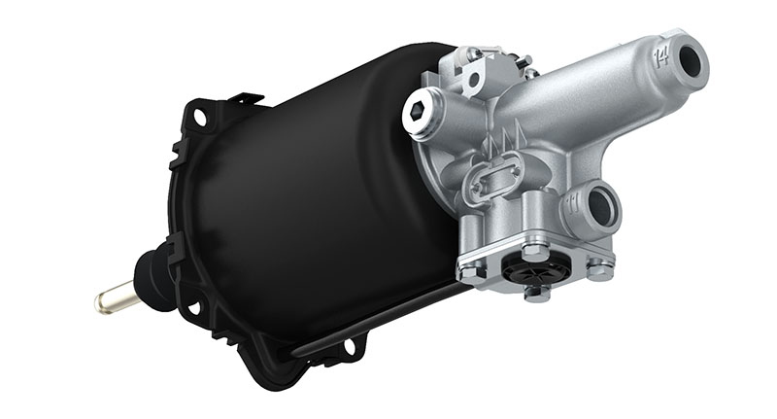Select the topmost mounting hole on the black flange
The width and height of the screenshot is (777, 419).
coord(200,117)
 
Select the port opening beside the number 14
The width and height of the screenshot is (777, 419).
coord(692,62)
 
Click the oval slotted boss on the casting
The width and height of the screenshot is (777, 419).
coord(494,182)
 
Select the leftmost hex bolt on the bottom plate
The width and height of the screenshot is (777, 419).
coord(468,272)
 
